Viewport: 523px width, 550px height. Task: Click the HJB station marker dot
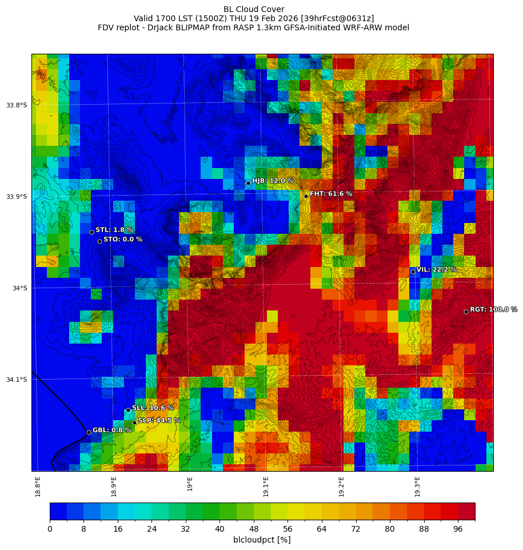point(248,183)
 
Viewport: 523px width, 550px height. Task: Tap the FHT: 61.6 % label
point(331,194)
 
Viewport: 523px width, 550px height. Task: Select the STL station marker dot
point(91,232)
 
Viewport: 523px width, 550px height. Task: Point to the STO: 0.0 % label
point(123,240)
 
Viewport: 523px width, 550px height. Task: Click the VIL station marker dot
point(413,272)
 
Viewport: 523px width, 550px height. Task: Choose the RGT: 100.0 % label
point(493,309)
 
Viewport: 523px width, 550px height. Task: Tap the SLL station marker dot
point(128,410)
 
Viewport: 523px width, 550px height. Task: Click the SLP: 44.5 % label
point(159,420)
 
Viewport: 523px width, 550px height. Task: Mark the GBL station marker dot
point(89,432)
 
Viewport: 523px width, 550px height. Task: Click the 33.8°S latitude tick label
point(17,105)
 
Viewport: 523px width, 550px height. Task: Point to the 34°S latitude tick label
point(20,288)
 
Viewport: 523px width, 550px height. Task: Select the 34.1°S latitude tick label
point(17,380)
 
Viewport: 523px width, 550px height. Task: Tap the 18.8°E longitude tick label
point(38,487)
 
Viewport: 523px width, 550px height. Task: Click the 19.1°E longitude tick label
point(266,487)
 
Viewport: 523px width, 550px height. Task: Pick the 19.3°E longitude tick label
point(417,487)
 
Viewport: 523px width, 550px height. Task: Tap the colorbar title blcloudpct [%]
point(262,540)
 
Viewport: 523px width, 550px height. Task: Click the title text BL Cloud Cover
point(254,9)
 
